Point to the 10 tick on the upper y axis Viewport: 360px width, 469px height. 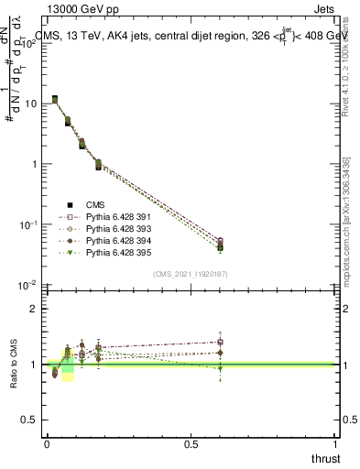pos(30,104)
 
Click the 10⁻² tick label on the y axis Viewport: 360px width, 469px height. pos(28,285)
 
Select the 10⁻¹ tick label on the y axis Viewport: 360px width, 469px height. pos(28,224)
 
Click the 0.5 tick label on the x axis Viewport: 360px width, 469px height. pos(191,444)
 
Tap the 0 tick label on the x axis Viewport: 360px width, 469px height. pos(47,444)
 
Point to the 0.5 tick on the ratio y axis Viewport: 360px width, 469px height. pos(29,420)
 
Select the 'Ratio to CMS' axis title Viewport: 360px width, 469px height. pos(13,365)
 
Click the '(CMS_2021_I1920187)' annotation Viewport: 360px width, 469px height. pos(191,273)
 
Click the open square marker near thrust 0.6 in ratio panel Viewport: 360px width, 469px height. pos(221,342)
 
